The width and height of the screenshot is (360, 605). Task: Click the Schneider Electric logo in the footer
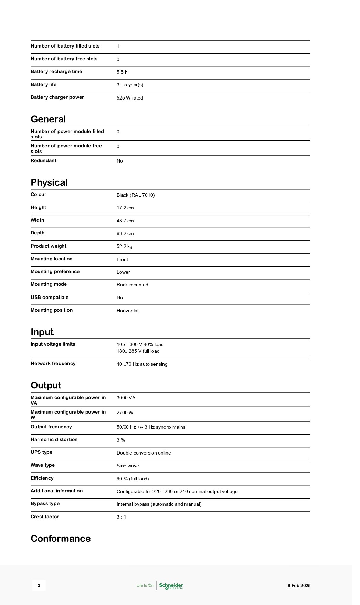click(171, 585)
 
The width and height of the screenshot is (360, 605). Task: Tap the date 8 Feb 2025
click(299, 585)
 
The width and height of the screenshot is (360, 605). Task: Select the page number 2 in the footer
click(39, 585)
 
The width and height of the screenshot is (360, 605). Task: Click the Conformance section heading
click(61, 539)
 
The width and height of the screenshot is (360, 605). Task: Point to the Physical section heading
click(49, 182)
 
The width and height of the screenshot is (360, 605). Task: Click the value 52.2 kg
click(124, 247)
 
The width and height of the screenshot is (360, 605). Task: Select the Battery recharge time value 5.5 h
click(122, 72)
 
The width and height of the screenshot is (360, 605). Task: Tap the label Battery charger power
click(57, 97)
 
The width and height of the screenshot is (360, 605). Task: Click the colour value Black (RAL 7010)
click(136, 195)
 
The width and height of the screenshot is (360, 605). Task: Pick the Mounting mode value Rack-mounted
click(132, 285)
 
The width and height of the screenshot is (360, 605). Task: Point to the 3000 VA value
click(126, 398)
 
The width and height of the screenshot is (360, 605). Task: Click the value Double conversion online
click(144, 453)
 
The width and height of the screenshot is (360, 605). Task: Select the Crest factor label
click(45, 517)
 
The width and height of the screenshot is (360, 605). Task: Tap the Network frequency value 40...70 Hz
click(142, 364)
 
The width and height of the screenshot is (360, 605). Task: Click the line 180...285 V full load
click(138, 351)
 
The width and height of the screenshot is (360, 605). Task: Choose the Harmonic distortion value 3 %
click(121, 440)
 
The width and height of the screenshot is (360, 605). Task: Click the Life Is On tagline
click(145, 585)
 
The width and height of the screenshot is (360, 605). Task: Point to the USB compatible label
click(50, 298)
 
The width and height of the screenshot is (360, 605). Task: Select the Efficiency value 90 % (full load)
click(133, 479)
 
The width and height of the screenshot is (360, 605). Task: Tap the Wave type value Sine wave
click(128, 466)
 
